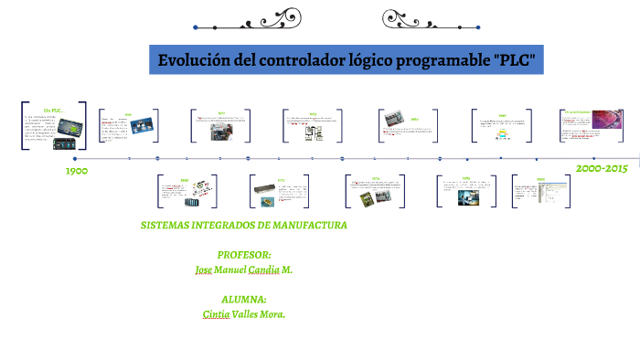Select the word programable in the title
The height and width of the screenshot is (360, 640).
443,61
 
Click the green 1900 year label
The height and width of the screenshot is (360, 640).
77,171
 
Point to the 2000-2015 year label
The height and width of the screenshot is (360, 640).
601,169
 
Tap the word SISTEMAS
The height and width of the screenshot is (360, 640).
170,225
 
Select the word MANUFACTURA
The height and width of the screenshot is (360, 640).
311,225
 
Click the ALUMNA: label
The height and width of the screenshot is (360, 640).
243,299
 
